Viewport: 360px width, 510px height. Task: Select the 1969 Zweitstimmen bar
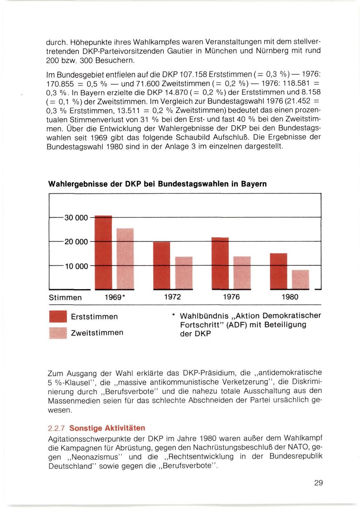(x=125, y=259)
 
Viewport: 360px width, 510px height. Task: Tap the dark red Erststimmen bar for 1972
(x=162, y=265)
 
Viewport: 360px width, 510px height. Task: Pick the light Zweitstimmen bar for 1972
(x=184, y=273)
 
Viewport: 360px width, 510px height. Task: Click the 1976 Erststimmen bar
(x=220, y=263)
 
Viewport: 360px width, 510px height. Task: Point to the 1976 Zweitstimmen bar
(x=242, y=273)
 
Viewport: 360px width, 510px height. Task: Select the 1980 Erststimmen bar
(x=278, y=271)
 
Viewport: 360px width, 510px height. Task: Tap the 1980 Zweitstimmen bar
(x=300, y=279)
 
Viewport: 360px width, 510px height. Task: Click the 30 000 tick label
(x=76, y=218)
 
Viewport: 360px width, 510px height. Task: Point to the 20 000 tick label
(x=76, y=242)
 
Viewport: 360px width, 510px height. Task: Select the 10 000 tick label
(x=76, y=266)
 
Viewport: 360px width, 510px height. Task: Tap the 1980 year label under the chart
(x=290, y=297)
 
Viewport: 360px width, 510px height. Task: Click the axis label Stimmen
(x=65, y=297)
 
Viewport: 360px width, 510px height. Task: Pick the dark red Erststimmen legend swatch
(x=58, y=317)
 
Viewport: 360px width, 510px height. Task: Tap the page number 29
(x=318, y=483)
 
